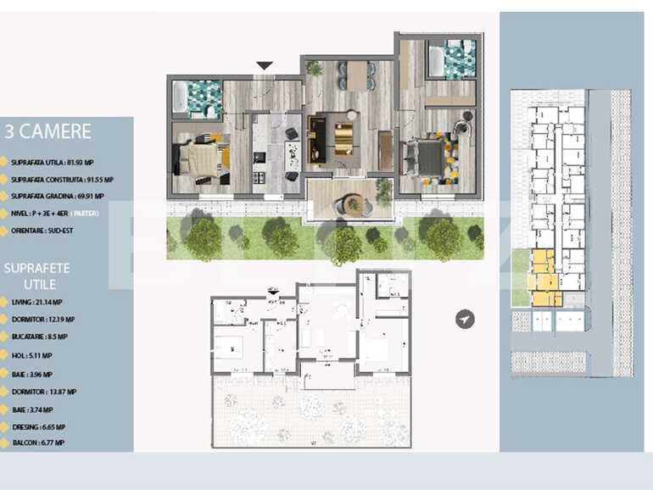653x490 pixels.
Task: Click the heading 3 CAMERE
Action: [48, 131]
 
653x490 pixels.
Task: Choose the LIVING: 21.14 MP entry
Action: [37, 302]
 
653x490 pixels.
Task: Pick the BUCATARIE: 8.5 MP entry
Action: [42, 337]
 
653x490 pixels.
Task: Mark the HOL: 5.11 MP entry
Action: [32, 355]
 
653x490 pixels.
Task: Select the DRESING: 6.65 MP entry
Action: [39, 426]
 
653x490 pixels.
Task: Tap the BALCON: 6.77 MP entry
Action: [39, 443]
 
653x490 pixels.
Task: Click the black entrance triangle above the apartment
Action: [265, 65]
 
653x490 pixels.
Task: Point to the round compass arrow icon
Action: [465, 319]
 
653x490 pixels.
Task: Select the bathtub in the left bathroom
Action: [181, 97]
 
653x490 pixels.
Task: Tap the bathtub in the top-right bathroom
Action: [437, 60]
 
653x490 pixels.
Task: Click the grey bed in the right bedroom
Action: [427, 156]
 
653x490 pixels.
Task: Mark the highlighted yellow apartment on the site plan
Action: [544, 280]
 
